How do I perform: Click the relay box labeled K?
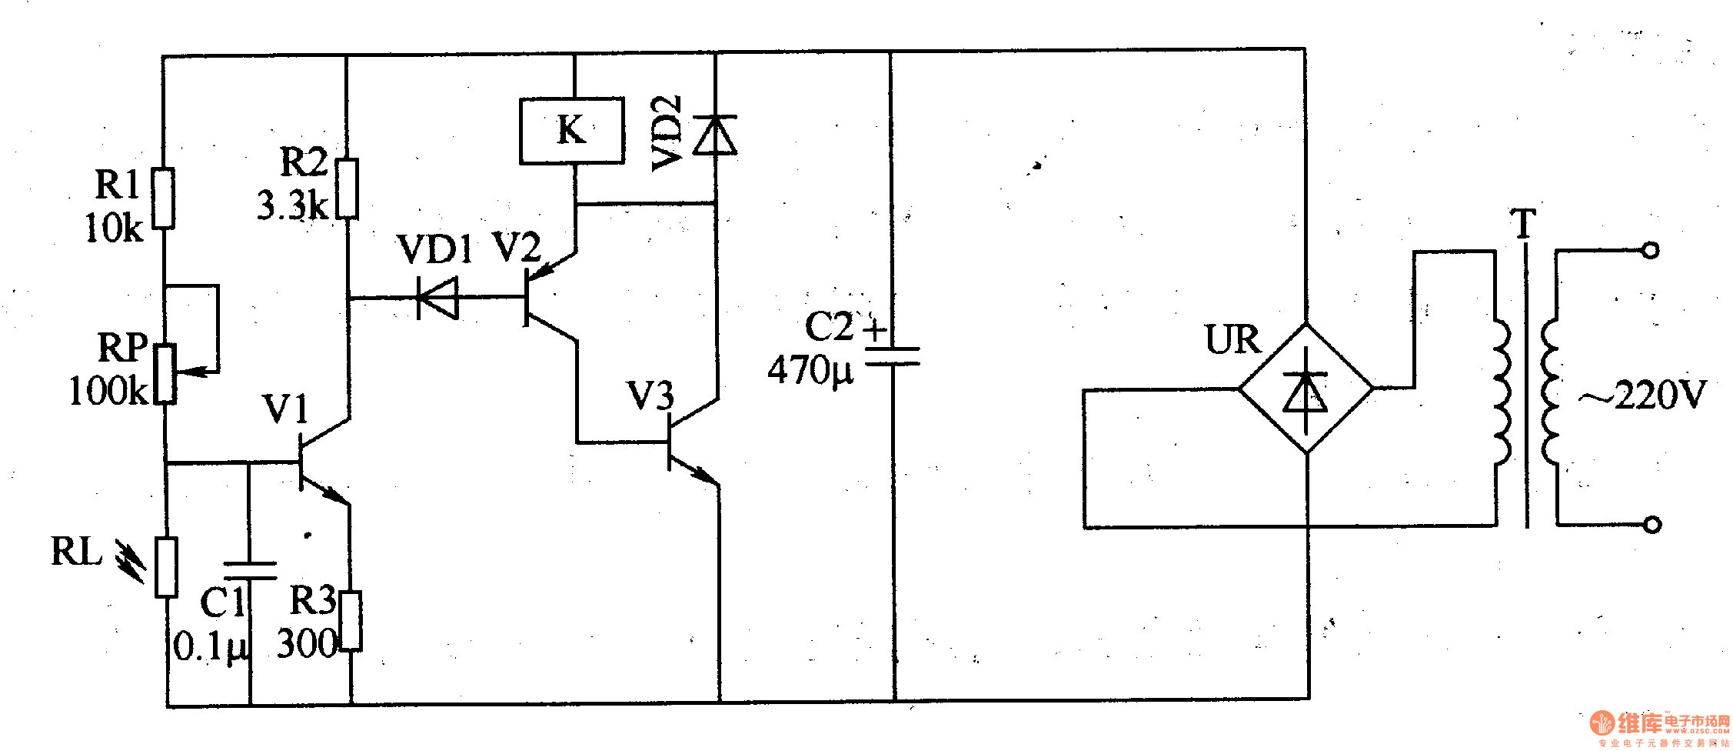(571, 130)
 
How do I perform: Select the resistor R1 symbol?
(163, 199)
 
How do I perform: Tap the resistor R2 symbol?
(348, 189)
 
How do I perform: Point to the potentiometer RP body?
(165, 374)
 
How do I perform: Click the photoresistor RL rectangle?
(166, 568)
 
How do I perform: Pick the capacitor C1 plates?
(250, 570)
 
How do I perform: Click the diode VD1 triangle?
(438, 297)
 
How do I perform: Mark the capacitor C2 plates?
(893, 355)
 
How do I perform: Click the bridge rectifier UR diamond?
(1306, 389)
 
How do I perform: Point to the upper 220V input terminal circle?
(1650, 250)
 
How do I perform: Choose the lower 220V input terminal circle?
(1652, 525)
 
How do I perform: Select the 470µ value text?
(810, 371)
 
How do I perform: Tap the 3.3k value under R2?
(293, 205)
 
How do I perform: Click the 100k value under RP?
(108, 391)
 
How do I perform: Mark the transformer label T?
(1523, 225)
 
